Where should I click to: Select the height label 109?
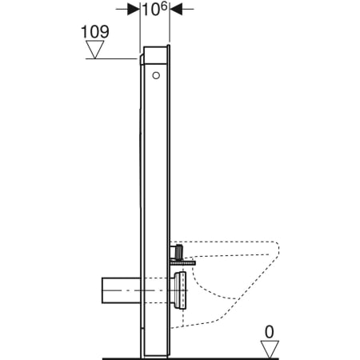click(94, 33)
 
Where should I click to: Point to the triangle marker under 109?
click(96, 50)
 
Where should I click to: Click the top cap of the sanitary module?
click(154, 49)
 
